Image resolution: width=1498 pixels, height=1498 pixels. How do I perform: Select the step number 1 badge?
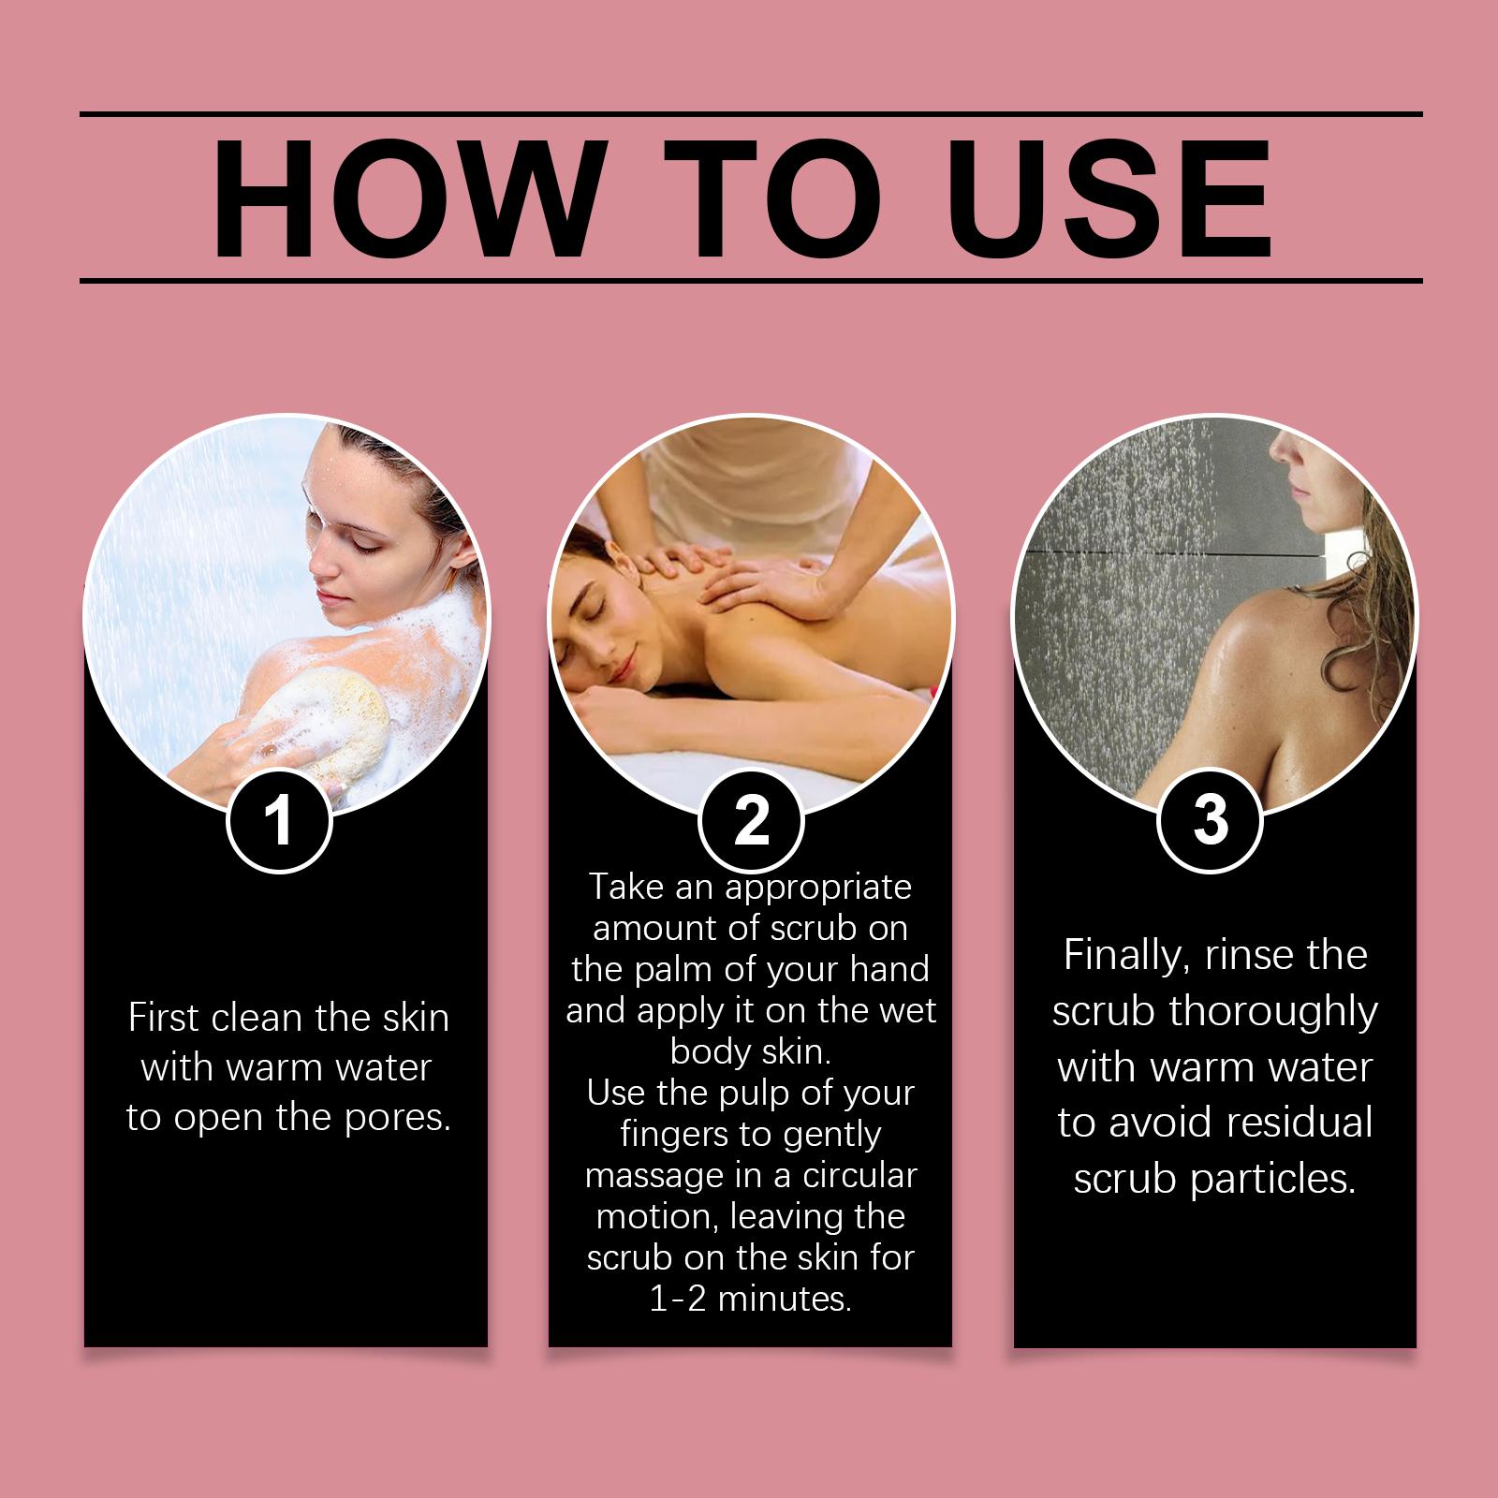279,819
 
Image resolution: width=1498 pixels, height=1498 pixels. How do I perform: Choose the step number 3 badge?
1210,819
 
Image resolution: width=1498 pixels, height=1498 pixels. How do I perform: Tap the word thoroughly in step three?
1273,1012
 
